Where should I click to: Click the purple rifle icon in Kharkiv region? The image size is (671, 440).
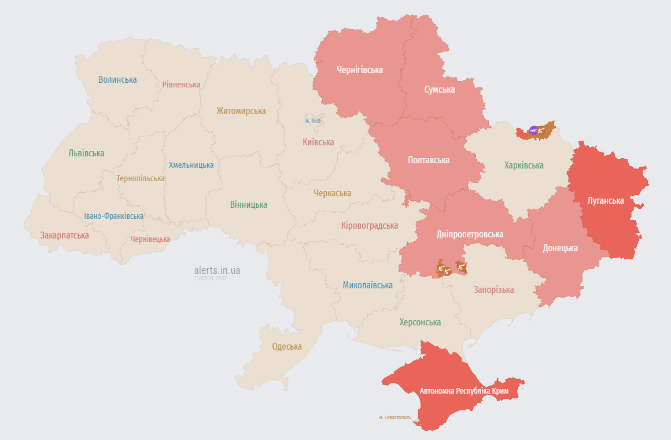coord(533,130)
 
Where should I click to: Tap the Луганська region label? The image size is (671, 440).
coord(606,200)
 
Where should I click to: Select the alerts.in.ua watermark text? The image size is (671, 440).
coord(217,270)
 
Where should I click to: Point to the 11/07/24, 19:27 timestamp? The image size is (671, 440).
coord(211,278)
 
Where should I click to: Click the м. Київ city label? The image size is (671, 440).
coord(313,120)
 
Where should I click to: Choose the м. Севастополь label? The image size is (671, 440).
coord(395,417)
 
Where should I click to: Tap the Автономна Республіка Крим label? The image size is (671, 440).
coord(464,391)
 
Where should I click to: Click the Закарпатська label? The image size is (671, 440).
coord(64,235)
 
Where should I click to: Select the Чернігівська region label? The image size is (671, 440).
coord(360,69)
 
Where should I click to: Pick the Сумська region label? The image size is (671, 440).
coord(440,89)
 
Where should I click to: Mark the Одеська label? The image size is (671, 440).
coord(287,346)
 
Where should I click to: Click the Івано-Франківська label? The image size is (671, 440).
coord(113,216)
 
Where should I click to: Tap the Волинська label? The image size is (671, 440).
coord(117,79)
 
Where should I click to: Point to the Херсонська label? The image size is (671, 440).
coord(420,322)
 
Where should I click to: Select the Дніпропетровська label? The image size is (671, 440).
coord(470,234)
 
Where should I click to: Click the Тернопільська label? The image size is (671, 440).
coord(141,178)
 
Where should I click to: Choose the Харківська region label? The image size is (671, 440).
coord(524,165)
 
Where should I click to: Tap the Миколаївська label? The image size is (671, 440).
coord(367,285)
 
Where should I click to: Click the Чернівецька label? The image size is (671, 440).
coord(150,239)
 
